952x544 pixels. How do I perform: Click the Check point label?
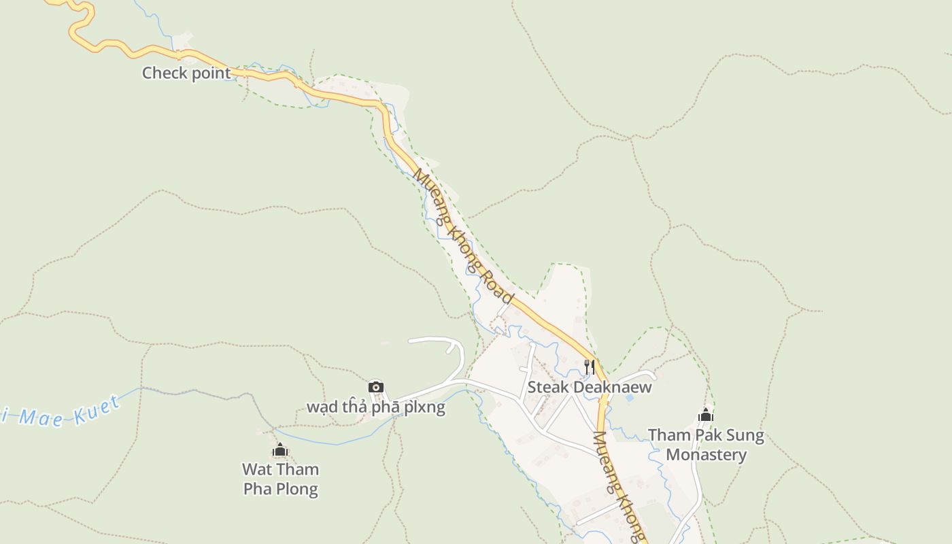click(x=186, y=73)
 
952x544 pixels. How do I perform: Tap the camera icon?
click(x=376, y=387)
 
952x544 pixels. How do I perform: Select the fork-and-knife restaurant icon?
click(x=590, y=367)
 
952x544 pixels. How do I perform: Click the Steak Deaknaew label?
click(x=590, y=388)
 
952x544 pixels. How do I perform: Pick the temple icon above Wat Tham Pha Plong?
click(x=280, y=450)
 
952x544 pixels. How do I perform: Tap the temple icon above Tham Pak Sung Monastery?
click(x=706, y=415)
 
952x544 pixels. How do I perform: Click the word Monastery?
click(x=706, y=455)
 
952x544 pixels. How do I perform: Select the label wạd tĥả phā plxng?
click(x=376, y=407)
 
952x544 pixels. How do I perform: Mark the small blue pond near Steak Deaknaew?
click(x=628, y=397)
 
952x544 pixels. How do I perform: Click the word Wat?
click(x=257, y=469)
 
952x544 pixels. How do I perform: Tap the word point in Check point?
click(x=210, y=73)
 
